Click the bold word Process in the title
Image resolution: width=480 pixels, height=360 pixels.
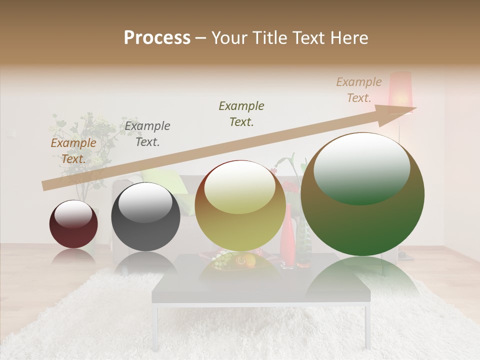(x=157, y=38)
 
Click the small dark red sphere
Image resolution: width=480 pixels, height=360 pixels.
(x=73, y=224)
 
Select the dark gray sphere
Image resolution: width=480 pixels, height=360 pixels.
(x=145, y=217)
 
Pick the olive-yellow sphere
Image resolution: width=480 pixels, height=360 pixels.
(x=240, y=205)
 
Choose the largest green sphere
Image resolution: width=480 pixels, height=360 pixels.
(x=362, y=194)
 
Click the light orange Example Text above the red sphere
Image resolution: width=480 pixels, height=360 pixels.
(x=73, y=151)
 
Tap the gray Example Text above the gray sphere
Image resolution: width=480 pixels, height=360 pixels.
(x=147, y=134)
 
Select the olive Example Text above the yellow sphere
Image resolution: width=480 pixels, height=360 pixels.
(x=241, y=113)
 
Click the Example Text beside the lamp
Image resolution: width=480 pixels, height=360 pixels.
(x=359, y=90)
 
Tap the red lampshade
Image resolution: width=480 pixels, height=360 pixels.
(x=400, y=90)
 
